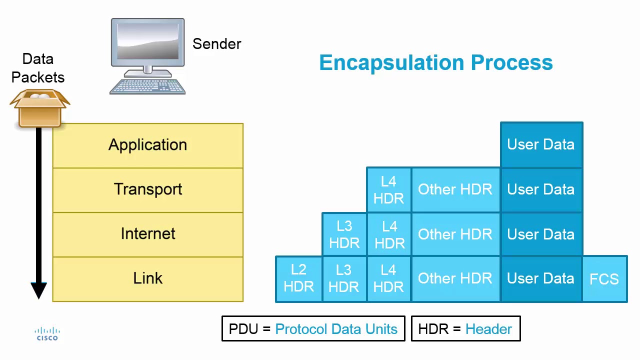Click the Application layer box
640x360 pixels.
pos(147,145)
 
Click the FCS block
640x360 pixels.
pos(604,279)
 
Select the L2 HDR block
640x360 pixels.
pos(298,279)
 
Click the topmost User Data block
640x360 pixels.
pos(541,145)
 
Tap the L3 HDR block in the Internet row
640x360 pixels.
pos(344,234)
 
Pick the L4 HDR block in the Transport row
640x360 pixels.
pos(388,190)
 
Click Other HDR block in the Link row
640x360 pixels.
pos(455,279)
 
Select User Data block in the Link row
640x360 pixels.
pos(541,279)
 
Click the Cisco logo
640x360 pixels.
pos(47,334)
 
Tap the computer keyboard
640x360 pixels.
pos(147,86)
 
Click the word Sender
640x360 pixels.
pos(216,44)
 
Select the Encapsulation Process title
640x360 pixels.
pos(435,63)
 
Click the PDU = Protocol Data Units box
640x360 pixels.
pos(313,329)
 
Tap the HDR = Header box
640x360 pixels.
pos(465,329)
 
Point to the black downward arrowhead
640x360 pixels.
pos(39,290)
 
